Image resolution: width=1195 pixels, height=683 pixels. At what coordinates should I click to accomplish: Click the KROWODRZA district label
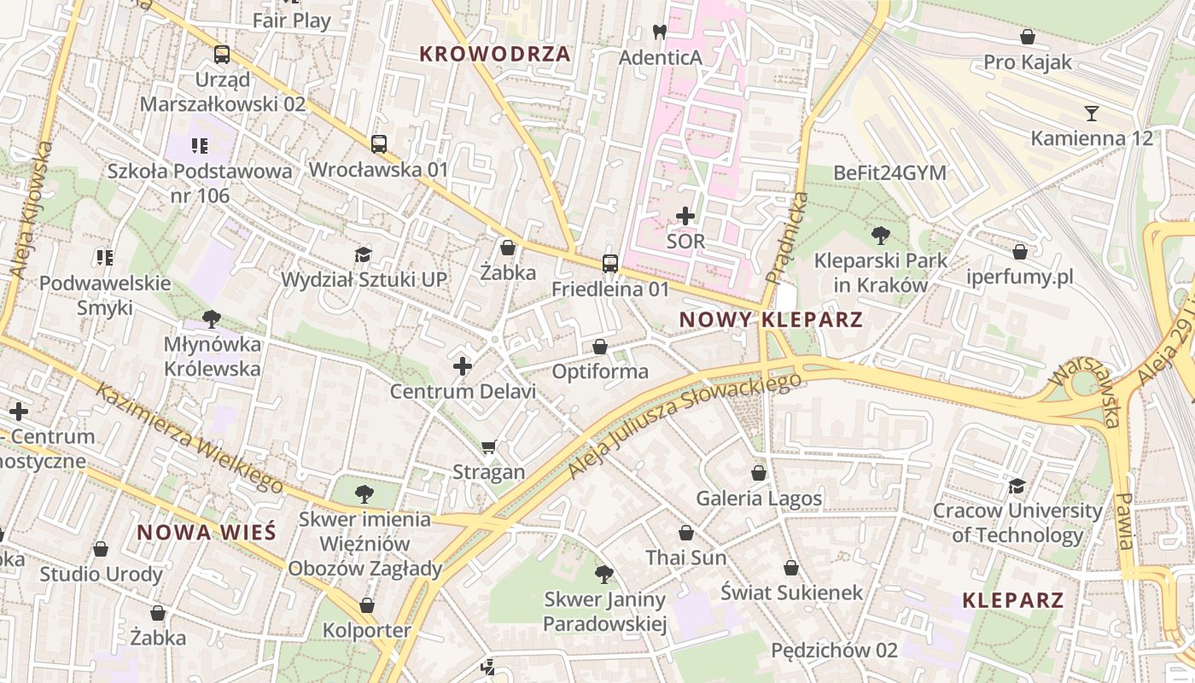click(x=495, y=54)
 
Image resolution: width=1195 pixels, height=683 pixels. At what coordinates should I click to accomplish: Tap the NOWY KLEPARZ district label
click(x=771, y=320)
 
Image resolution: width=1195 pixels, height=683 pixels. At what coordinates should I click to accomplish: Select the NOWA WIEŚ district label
click(x=207, y=533)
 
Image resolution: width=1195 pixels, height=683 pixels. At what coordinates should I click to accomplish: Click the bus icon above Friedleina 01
click(x=610, y=264)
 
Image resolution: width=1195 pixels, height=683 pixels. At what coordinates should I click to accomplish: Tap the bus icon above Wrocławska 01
click(x=379, y=144)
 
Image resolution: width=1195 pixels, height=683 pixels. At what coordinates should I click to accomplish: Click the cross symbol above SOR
click(x=685, y=216)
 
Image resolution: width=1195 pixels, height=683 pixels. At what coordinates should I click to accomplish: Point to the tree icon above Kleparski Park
click(x=881, y=235)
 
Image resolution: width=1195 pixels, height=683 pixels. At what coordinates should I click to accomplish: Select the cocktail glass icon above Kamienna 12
click(x=1091, y=113)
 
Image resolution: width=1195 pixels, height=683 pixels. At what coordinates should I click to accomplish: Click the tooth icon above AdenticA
click(x=659, y=32)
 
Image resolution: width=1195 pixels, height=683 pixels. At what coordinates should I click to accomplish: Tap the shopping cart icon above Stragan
click(x=489, y=447)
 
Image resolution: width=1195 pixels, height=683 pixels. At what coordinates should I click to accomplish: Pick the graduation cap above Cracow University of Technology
click(x=1017, y=486)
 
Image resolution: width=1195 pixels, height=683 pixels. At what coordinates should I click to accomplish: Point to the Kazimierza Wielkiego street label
click(x=189, y=438)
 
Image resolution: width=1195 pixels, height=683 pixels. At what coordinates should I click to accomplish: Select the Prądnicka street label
click(x=787, y=238)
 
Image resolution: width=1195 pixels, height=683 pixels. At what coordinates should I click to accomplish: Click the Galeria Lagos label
click(x=759, y=498)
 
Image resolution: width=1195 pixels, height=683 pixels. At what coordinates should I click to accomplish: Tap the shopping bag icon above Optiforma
click(x=600, y=347)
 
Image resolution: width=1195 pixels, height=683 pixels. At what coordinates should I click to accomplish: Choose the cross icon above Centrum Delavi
click(x=463, y=367)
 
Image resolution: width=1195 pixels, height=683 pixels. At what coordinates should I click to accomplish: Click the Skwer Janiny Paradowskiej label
click(x=604, y=611)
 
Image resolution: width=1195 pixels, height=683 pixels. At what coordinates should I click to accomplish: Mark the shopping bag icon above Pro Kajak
click(x=1028, y=37)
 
